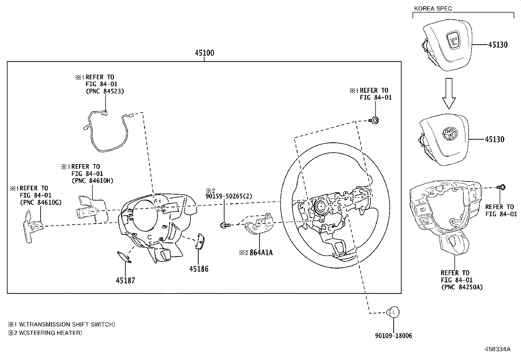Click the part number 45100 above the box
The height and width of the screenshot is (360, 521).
point(205,53)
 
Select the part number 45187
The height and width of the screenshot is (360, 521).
point(125,280)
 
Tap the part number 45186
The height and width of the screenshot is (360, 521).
point(199,269)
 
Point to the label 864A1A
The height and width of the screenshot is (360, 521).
point(261,253)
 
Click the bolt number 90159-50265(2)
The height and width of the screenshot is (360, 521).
point(229,196)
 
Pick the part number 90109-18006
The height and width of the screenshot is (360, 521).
point(393,335)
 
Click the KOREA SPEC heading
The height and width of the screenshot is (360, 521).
point(433,9)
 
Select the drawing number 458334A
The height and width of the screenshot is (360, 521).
point(497,349)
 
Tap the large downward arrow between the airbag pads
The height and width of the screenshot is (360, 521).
point(449,93)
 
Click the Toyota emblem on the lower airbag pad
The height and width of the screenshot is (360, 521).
point(450,134)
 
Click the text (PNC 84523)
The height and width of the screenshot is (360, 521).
point(105,91)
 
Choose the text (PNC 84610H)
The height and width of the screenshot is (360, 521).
point(92,180)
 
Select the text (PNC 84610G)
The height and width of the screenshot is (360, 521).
point(41,202)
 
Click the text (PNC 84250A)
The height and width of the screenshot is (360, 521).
point(462,287)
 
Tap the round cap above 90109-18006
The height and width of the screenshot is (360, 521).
point(393,312)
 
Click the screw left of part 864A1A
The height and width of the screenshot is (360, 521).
point(225,225)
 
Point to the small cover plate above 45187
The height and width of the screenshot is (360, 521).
point(124,257)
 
